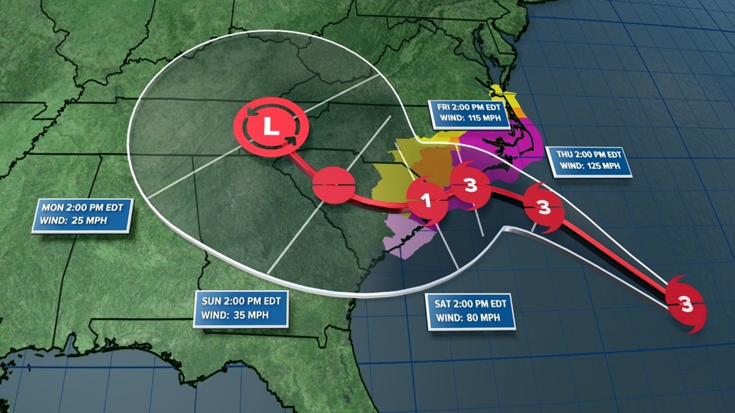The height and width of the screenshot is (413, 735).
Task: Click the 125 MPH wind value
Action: [606, 167]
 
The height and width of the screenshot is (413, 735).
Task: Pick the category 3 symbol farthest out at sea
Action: [686, 303]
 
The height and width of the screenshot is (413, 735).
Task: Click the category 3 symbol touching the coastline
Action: [471, 186]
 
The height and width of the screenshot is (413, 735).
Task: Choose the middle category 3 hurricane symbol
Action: [544, 207]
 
